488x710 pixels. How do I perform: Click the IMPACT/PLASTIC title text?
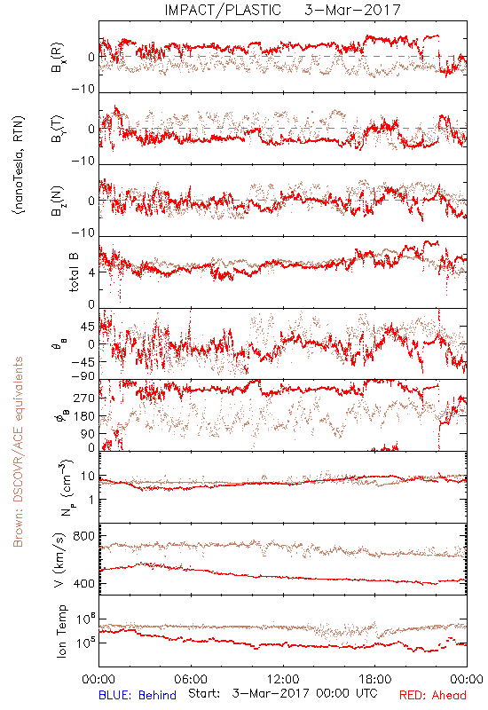(223, 10)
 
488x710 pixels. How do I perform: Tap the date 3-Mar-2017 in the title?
(352, 10)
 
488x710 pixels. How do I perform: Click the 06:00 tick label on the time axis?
(191, 679)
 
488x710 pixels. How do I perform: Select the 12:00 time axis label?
(283, 679)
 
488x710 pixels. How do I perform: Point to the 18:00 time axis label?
(374, 679)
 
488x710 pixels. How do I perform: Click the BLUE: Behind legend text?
(138, 695)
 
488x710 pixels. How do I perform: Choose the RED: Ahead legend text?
(432, 695)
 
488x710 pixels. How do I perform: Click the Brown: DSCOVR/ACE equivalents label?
(18, 452)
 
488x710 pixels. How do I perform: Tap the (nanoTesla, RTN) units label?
(19, 165)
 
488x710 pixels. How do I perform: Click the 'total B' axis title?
(74, 272)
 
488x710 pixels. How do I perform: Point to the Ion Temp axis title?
(61, 631)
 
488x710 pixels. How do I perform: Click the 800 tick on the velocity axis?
(83, 536)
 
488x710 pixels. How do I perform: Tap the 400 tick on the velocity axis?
(83, 584)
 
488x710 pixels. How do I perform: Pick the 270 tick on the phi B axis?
(84, 398)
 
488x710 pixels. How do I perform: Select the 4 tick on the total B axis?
(92, 272)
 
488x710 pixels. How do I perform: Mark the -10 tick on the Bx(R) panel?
(83, 90)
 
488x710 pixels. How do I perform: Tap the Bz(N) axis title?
(58, 201)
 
